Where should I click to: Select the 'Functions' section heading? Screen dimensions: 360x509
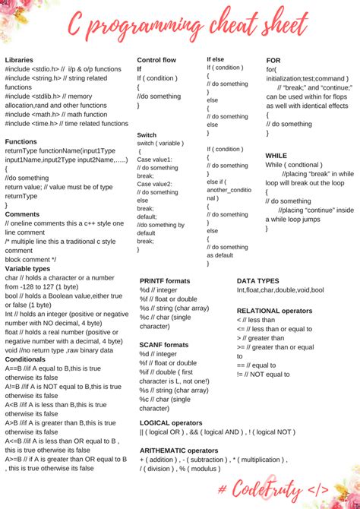(x=21, y=141)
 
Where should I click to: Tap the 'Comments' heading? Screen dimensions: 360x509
(x=22, y=214)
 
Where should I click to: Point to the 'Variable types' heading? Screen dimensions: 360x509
(x=28, y=269)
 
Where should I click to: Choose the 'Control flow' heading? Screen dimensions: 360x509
(x=157, y=59)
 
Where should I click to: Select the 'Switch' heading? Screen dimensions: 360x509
(x=147, y=135)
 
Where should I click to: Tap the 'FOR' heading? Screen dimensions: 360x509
(x=273, y=60)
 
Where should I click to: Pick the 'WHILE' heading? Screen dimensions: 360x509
(x=276, y=155)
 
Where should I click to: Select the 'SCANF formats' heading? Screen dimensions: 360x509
(x=164, y=344)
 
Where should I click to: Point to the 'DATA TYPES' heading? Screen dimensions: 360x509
(x=258, y=280)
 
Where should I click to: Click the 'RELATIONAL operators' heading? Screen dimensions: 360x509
(x=274, y=311)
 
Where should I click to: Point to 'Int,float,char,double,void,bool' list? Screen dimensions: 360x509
(x=280, y=290)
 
